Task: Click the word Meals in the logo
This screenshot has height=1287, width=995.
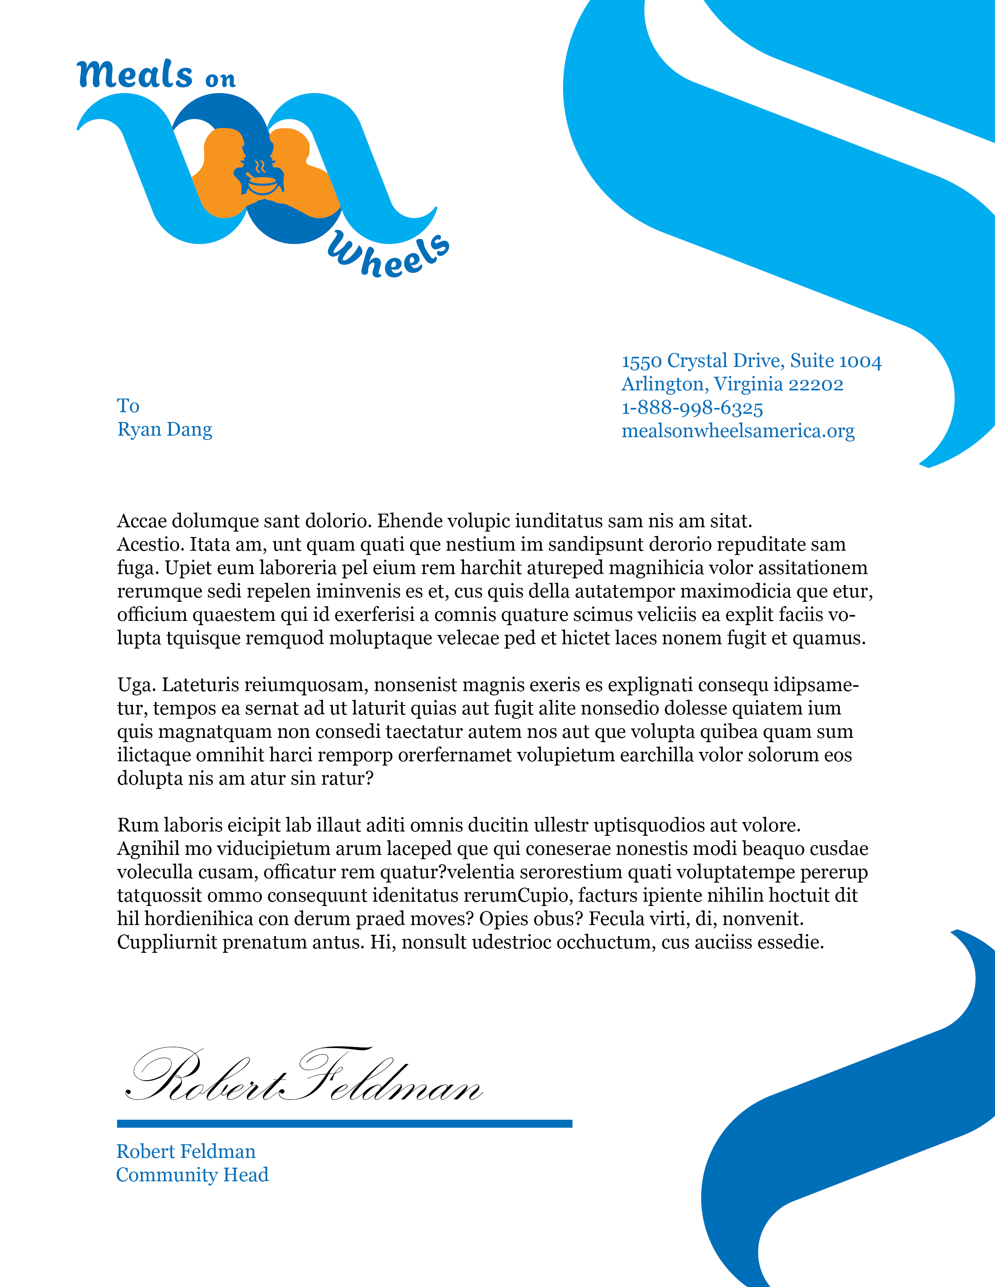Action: tap(135, 75)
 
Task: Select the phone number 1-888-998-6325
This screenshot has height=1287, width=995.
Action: tap(692, 408)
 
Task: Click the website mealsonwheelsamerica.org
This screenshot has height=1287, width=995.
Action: tap(738, 431)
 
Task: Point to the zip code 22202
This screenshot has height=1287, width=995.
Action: tap(816, 384)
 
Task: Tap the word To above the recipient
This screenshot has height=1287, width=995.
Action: tap(128, 406)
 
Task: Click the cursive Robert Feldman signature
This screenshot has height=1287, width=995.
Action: tap(304, 1078)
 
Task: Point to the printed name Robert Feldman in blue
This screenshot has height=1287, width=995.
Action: tap(186, 1151)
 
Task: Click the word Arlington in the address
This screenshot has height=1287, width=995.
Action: tap(665, 384)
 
